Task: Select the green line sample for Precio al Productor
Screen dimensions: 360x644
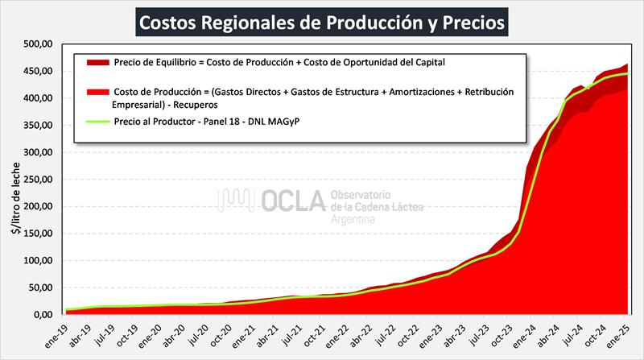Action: (x=94, y=122)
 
